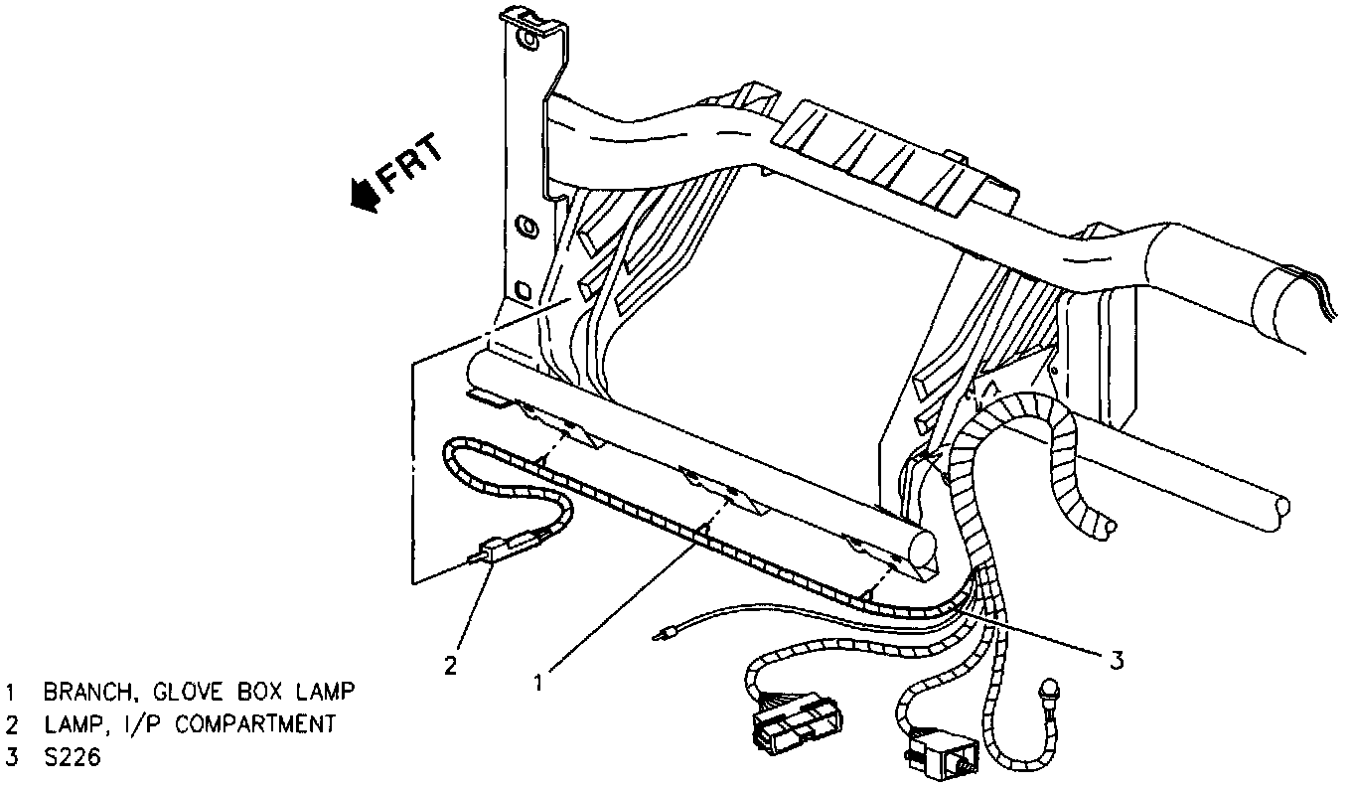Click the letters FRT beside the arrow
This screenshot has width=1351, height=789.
pyautogui.click(x=409, y=163)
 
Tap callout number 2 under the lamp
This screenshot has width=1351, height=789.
pyautogui.click(x=451, y=665)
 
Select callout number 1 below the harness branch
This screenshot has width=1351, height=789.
pyautogui.click(x=538, y=682)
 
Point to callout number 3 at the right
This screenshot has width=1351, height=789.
pyautogui.click(x=1117, y=661)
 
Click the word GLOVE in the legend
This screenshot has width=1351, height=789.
pyautogui.click(x=197, y=691)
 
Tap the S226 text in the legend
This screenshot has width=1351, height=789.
pyautogui.click(x=73, y=758)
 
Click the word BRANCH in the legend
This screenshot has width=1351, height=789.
pyautogui.click(x=86, y=691)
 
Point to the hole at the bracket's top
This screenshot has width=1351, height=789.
pyautogui.click(x=525, y=42)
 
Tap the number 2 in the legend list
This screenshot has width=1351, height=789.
pyautogui.click(x=12, y=724)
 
